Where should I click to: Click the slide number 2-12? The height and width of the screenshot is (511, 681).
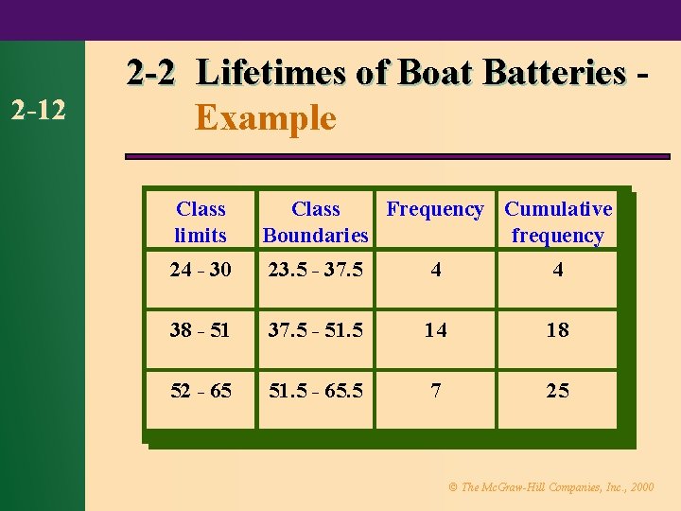pos(39,111)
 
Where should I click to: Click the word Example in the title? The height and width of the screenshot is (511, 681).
pos(265,118)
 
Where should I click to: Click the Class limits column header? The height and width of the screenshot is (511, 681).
pos(201,222)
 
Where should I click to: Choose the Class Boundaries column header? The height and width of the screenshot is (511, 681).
pos(315,222)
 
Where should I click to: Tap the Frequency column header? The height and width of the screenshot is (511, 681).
pos(435,209)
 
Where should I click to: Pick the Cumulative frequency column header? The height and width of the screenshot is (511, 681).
pos(558,222)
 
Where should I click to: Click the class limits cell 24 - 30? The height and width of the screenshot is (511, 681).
pos(201,271)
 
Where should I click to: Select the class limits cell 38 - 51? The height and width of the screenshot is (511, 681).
pos(201,330)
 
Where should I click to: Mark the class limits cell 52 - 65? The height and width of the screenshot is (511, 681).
pos(201,391)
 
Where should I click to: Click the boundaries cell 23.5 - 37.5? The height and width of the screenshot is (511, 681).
pos(315,271)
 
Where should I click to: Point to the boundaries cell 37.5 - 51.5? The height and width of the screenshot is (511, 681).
pos(315,330)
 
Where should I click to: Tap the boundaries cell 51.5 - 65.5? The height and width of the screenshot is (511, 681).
pos(315,391)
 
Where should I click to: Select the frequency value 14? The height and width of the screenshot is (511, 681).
pos(435,330)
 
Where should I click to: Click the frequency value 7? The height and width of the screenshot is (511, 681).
pos(435,391)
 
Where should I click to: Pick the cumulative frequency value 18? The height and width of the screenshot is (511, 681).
pos(558,330)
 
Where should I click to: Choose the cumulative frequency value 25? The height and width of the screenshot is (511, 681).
pos(558,391)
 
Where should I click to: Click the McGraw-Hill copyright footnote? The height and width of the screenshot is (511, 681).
pos(550,487)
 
